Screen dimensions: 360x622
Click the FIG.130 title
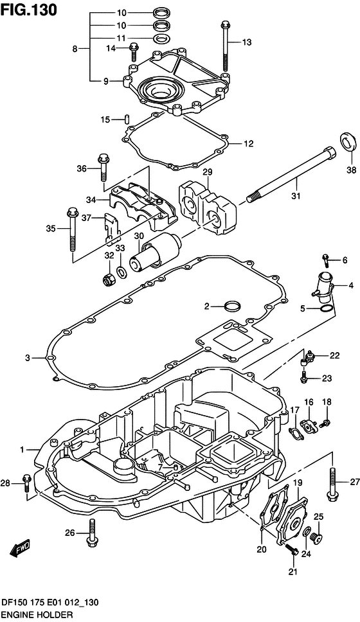[x=28, y=10]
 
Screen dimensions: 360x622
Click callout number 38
[x=351, y=170]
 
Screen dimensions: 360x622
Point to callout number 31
[x=296, y=195]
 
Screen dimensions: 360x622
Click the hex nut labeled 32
[x=107, y=280]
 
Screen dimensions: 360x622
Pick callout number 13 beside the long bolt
[x=247, y=42]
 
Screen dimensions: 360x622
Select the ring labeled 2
[x=233, y=307]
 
